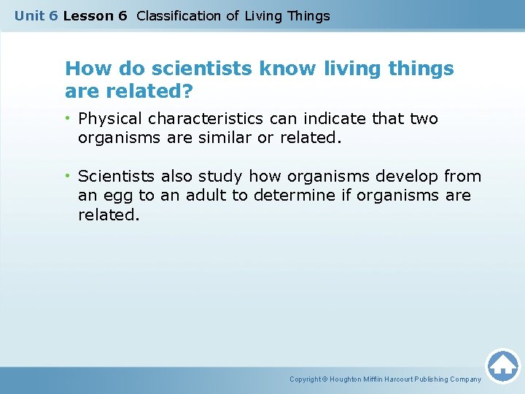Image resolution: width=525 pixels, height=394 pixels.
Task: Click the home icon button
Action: [502, 366]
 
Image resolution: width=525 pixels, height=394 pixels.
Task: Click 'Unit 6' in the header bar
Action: [36, 15]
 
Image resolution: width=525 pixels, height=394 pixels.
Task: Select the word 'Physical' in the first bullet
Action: [111, 118]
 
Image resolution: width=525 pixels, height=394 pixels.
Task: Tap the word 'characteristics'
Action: [206, 118]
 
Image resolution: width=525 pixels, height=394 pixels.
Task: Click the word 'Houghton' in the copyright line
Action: [347, 379]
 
